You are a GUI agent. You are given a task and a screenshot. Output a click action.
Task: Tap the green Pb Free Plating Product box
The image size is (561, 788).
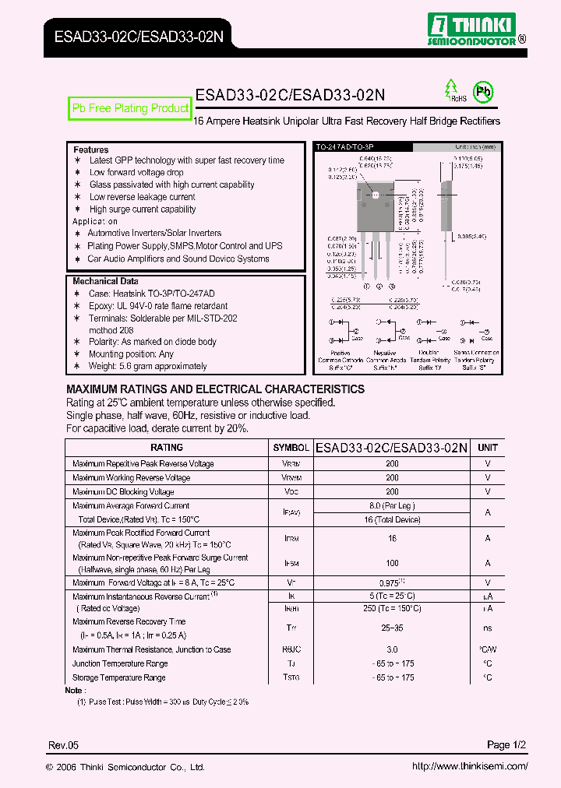click(x=130, y=109)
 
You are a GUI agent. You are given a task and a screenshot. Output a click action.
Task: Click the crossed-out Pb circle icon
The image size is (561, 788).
click(x=484, y=92)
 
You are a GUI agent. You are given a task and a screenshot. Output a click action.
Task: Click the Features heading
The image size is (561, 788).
click(x=91, y=150)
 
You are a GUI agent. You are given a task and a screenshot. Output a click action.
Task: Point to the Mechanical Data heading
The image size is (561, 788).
click(x=105, y=281)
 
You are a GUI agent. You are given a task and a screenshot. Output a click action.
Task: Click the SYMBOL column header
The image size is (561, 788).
click(x=291, y=448)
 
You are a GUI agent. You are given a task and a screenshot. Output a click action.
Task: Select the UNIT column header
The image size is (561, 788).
click(x=488, y=448)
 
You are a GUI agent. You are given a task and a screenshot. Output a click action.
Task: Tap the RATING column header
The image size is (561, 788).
click(x=167, y=448)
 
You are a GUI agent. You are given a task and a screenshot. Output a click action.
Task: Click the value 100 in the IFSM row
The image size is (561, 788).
click(x=392, y=563)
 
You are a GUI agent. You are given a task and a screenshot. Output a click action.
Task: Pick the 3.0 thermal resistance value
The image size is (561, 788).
click(x=392, y=649)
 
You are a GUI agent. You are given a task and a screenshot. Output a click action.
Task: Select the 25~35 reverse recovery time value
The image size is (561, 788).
click(x=392, y=628)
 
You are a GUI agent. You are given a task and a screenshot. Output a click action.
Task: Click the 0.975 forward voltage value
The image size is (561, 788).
click(x=390, y=582)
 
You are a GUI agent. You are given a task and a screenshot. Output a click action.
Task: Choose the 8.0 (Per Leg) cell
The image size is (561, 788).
click(x=392, y=505)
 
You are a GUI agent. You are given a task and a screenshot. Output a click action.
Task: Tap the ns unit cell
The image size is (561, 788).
click(x=488, y=628)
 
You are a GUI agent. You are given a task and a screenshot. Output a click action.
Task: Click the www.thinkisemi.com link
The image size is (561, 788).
click(x=469, y=766)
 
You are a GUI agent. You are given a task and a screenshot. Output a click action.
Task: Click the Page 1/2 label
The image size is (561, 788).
click(x=507, y=745)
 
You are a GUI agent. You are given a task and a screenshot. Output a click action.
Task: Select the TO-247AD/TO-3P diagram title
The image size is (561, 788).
click(x=340, y=146)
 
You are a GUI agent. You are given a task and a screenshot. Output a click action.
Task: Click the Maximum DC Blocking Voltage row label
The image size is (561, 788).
click(x=123, y=491)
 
